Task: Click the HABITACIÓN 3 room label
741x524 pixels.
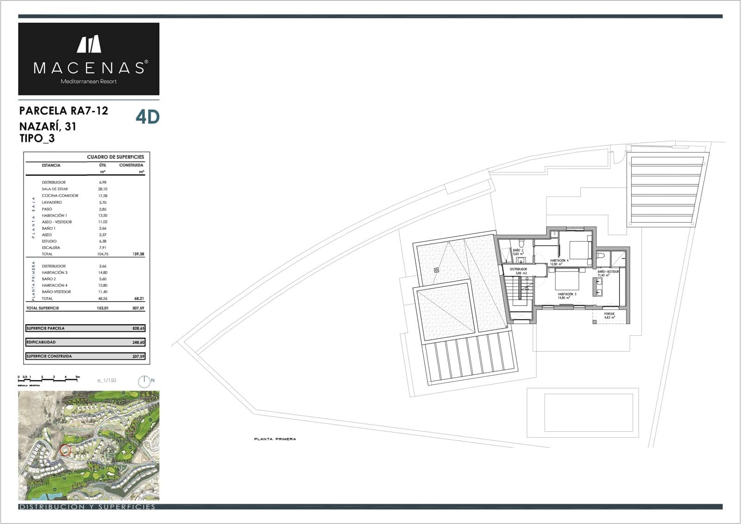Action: [566, 296]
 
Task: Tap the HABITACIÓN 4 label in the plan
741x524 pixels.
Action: [559, 262]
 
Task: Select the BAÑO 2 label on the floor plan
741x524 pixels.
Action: [518, 252]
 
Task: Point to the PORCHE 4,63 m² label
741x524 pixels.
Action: [609, 316]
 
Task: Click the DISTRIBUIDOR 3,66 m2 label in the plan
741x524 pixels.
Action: [518, 271]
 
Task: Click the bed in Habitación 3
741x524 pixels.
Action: [565, 279]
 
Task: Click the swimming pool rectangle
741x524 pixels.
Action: [589, 412]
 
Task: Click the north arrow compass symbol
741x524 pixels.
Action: [144, 381]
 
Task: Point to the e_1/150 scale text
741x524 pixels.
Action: [107, 380]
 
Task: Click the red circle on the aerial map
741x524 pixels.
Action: [65, 450]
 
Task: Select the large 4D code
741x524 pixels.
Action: [147, 117]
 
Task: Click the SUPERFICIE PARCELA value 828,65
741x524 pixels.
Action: [138, 328]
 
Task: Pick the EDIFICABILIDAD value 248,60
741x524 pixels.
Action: [138, 342]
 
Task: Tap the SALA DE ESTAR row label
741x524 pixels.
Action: [55, 189]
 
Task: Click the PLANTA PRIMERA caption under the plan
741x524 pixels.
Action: [275, 439]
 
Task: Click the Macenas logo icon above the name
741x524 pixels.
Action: [89, 44]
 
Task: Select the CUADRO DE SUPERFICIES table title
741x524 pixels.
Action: [115, 157]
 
